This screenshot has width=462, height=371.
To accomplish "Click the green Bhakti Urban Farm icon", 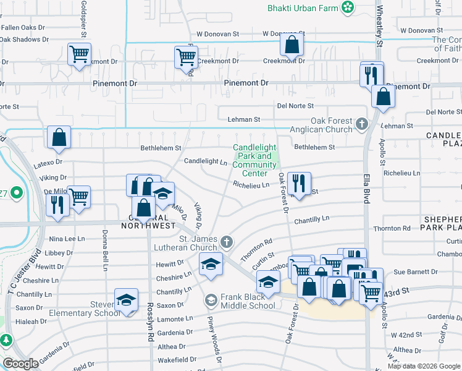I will coord(348,7).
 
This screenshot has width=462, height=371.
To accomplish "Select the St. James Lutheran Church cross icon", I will coord(227,241).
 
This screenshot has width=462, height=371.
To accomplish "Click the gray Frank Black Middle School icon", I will coord(211,300).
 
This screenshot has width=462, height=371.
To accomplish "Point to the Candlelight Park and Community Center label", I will coord(254,160).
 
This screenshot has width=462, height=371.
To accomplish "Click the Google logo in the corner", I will coord(21,364).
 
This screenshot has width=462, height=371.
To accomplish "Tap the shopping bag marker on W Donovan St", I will coord(292,45).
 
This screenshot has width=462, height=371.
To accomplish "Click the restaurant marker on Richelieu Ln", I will coord(299,183).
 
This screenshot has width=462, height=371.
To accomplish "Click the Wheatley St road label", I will coord(379,24).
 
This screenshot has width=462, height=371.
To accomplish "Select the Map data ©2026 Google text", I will coord(423,366).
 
